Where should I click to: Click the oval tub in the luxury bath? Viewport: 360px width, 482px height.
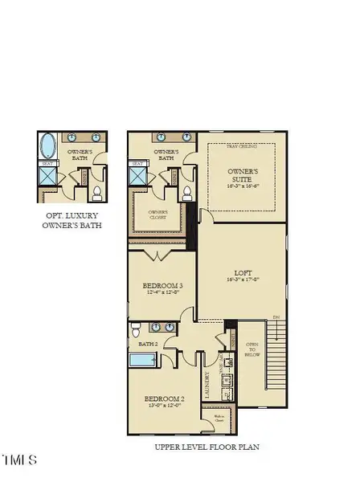point(48,148)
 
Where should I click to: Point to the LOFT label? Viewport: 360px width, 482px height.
point(242,273)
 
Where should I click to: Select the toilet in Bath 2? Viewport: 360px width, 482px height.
point(137,331)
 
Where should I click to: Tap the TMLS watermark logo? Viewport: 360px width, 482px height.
point(19,460)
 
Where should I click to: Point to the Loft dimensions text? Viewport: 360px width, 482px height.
point(242,280)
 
